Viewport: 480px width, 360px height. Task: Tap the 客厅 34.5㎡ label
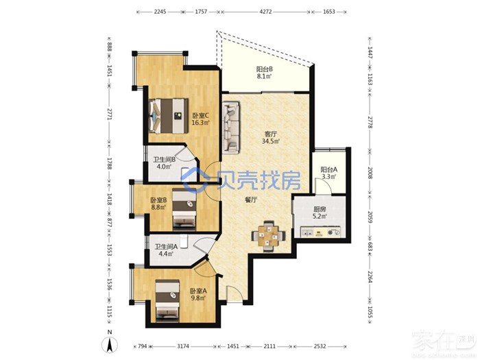point(271,138)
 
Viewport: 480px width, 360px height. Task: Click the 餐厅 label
point(251,200)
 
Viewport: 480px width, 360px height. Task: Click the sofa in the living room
point(231,127)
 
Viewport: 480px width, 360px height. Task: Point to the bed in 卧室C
point(169,116)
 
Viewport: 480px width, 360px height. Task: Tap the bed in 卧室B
point(184,209)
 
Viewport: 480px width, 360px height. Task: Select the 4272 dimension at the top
point(265,12)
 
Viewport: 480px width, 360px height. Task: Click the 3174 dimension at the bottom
point(183,346)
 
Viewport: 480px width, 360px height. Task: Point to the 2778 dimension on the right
point(370,122)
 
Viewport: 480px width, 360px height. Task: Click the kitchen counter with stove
point(320,231)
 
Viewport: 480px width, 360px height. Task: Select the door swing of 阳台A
point(323,186)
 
